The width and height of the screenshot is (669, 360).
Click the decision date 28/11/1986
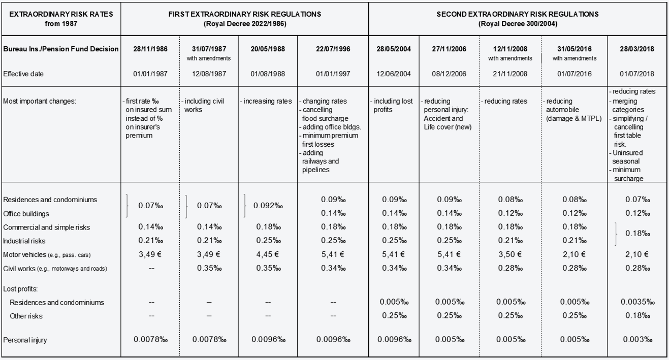pos(150,49)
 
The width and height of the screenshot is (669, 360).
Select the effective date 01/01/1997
pos(333,74)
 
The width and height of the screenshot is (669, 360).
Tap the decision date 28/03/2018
pos(637,49)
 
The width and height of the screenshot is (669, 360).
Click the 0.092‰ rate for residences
pos(268,206)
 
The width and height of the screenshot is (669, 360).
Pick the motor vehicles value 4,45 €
pos(268,254)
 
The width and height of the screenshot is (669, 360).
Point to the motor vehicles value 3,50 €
pos(510,254)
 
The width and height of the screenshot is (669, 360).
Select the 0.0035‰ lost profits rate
pos(638,302)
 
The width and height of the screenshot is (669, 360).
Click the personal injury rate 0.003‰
pos(638,339)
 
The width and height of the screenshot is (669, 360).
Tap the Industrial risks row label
pos(24,241)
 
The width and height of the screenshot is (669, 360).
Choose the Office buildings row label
pos(26,214)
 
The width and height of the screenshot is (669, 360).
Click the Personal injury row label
pos(25,340)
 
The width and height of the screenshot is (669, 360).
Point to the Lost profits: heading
pos(20,289)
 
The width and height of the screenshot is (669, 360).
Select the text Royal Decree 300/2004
pos(518,23)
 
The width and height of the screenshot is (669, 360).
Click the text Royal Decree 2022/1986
pos(245,23)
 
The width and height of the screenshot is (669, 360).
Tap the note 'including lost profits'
pos(392,106)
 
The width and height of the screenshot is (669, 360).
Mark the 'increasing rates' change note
pos(266,101)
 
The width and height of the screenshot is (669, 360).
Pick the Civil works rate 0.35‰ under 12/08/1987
pos(209,268)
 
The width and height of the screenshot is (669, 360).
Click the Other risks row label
pos(26,316)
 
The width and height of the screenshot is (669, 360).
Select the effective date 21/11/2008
pos(510,74)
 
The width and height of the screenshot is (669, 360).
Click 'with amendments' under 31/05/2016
pos(575,58)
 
